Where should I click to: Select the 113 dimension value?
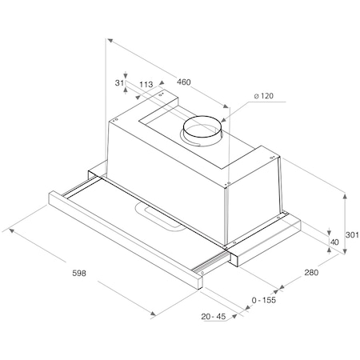(x=146, y=84)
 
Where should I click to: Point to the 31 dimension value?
(x=120, y=82)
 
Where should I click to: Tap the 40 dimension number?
(x=334, y=241)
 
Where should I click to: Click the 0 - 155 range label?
(x=263, y=301)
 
